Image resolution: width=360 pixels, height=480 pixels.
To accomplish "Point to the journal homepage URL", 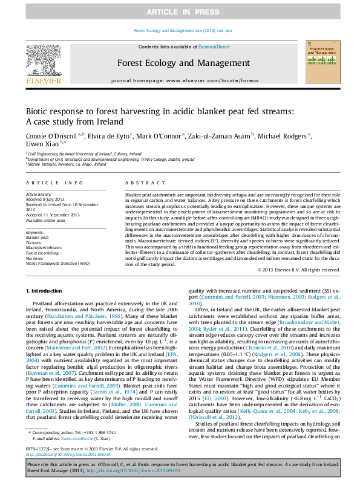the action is (180, 80).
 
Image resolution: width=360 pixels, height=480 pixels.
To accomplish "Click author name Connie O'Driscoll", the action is (47, 137).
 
